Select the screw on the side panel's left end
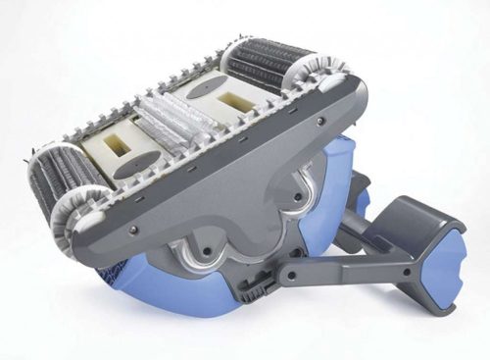pyautogui.click(x=133, y=230)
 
